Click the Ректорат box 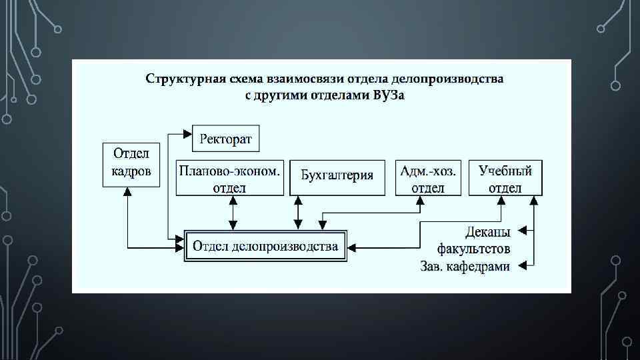coord(225,139)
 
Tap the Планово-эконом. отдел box coord(229,178)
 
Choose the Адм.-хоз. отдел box coord(428,178)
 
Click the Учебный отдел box coord(505,178)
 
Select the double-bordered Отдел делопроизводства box coord(265,247)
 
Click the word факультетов coord(474,249)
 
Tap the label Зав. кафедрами coord(465,266)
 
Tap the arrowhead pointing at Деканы coord(522,231)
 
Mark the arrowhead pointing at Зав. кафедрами coord(522,265)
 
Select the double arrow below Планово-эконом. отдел coord(232,213)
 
